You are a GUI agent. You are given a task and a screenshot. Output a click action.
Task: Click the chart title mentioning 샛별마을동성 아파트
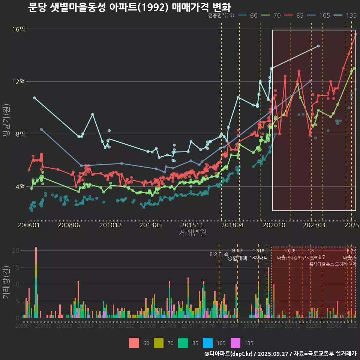(x=129, y=7)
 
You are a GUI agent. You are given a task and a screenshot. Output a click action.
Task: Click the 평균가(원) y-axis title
(x=6, y=120)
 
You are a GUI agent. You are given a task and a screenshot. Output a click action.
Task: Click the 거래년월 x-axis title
(x=192, y=233)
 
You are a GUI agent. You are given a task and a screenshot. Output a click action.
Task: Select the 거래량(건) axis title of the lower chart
(x=6, y=282)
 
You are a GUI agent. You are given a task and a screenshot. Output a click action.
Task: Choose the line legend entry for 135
(x=346, y=15)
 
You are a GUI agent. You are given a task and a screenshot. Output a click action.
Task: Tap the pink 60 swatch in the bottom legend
(x=134, y=343)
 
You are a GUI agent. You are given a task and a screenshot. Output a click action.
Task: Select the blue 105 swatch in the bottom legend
(x=208, y=343)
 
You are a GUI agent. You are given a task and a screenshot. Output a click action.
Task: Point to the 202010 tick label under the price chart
(x=273, y=225)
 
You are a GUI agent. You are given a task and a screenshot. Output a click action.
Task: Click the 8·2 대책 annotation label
(x=219, y=254)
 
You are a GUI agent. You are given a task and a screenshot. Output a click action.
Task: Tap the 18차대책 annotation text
(x=258, y=258)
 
